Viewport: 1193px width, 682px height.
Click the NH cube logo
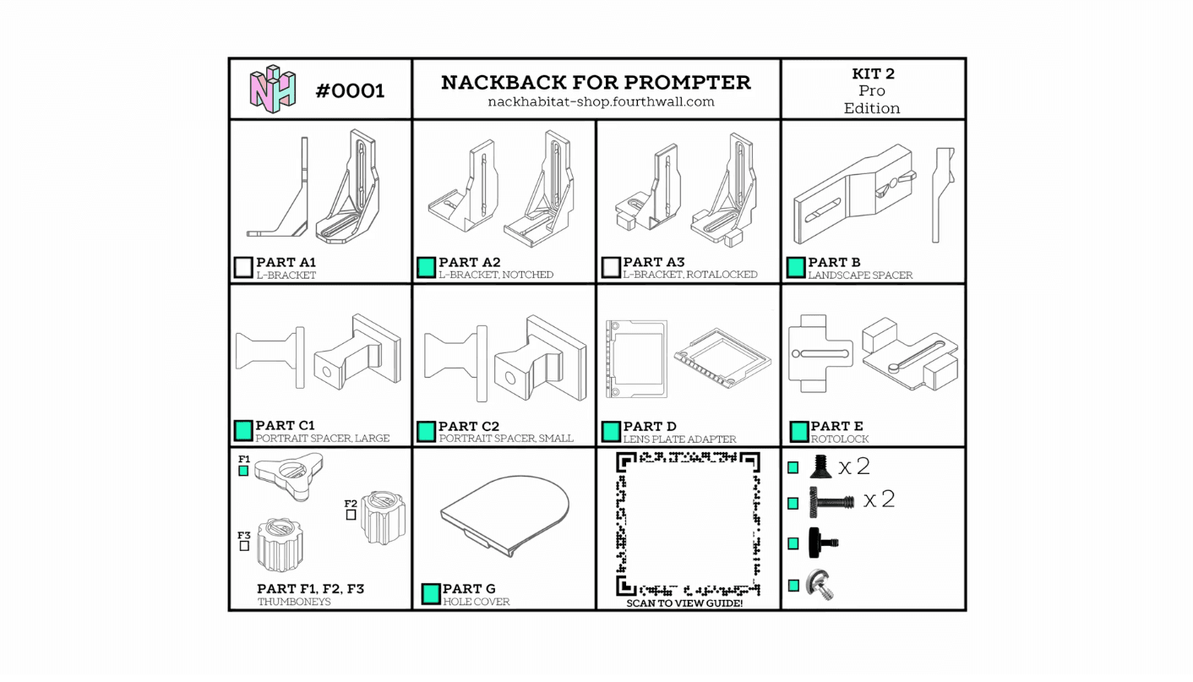click(273, 89)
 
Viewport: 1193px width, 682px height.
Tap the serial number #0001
click(350, 91)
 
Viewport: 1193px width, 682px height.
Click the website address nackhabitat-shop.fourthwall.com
click(601, 101)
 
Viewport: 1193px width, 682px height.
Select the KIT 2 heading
click(873, 74)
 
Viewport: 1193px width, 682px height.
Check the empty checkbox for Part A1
click(242, 267)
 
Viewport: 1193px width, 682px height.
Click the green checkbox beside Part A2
click(426, 267)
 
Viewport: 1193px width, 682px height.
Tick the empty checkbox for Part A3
click(611, 267)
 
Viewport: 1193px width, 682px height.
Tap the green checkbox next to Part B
click(796, 267)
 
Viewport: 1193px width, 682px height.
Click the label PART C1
click(285, 426)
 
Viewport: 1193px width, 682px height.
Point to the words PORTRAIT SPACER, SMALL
click(506, 439)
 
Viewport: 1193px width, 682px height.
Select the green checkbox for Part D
click(611, 432)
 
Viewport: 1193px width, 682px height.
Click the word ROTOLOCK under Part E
click(839, 439)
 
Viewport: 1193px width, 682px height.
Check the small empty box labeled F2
click(351, 515)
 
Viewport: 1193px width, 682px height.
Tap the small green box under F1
click(243, 471)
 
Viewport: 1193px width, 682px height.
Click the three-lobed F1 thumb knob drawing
click(288, 477)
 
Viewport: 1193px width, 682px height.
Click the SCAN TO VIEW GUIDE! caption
click(684, 603)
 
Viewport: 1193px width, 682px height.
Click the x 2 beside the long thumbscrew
click(880, 499)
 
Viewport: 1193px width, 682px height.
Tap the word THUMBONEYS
click(294, 602)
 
